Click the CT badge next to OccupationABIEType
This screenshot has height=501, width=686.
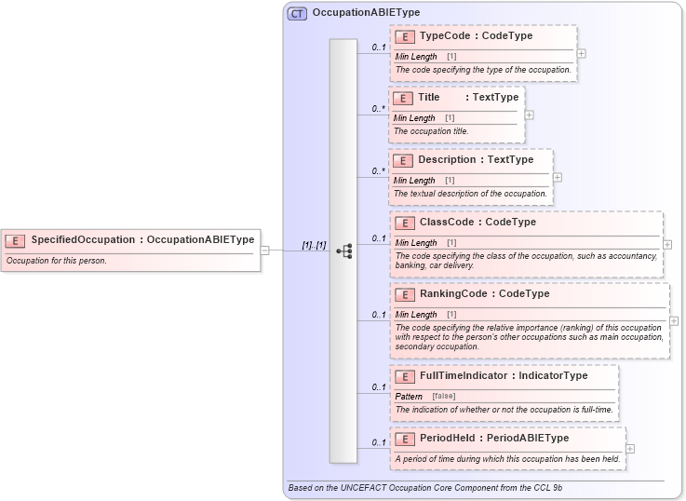pyautogui.click(x=297, y=13)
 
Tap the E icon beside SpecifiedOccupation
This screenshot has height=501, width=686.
pyautogui.click(x=15, y=240)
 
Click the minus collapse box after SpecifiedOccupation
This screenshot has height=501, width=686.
pyautogui.click(x=265, y=250)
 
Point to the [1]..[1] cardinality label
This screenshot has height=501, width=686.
pyautogui.click(x=314, y=245)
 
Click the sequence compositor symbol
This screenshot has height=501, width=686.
pyautogui.click(x=343, y=250)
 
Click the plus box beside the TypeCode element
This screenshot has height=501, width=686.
pyautogui.click(x=581, y=53)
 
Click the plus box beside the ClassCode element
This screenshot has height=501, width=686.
pyautogui.click(x=667, y=244)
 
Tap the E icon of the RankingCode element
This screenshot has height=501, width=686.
pyautogui.click(x=404, y=294)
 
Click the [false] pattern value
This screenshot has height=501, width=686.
pyautogui.click(x=443, y=397)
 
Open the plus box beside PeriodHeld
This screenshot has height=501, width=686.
pyautogui.click(x=630, y=448)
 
